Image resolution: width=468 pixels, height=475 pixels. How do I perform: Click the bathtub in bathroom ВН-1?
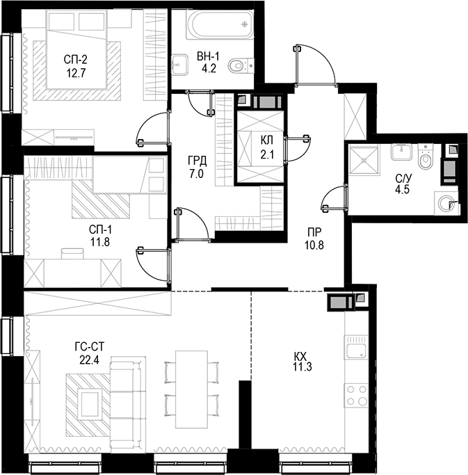coord(216,26)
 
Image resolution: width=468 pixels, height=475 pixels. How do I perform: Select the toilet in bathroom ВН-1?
coord(240,66)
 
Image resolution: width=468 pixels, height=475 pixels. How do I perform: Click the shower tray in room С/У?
coord(364,160)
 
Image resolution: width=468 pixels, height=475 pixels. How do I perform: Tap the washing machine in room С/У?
coord(446,203)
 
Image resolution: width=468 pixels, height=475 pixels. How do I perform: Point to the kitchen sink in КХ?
coord(357,350)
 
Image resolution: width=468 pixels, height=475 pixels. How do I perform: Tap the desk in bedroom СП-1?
coord(73,266)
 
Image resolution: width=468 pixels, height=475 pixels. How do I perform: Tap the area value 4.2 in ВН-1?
coord(208,68)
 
